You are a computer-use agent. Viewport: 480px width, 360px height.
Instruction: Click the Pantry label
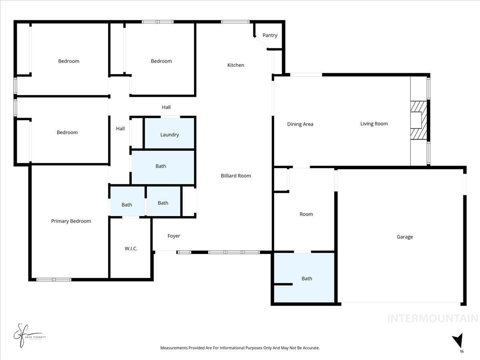[x=270, y=35]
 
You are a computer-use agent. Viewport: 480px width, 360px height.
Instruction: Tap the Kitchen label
[x=236, y=65]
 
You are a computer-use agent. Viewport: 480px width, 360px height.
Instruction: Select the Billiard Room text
[x=236, y=176]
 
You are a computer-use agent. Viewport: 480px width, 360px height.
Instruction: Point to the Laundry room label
[x=170, y=135]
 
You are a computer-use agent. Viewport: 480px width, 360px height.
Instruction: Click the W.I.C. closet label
[x=131, y=248]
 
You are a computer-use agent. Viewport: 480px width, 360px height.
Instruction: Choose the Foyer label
[x=174, y=236]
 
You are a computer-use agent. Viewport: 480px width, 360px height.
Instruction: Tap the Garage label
[x=405, y=237]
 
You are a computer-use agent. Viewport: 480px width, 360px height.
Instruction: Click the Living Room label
[x=374, y=124]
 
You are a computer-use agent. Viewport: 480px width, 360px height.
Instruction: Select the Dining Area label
[x=300, y=124]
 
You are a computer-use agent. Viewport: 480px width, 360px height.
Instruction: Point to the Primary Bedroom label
[x=71, y=221]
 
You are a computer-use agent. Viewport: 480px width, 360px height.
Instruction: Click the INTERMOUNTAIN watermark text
[x=432, y=318]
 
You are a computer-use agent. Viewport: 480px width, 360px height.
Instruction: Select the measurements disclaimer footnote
[x=240, y=348]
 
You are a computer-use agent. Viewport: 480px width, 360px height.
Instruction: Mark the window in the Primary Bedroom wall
[x=54, y=279]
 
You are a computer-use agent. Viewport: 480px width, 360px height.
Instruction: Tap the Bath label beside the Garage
[x=307, y=279]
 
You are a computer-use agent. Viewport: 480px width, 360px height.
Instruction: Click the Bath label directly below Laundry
[x=161, y=166]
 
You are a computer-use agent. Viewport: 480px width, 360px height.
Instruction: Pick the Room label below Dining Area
[x=306, y=214]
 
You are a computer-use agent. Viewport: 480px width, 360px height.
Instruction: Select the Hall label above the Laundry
[x=166, y=107]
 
